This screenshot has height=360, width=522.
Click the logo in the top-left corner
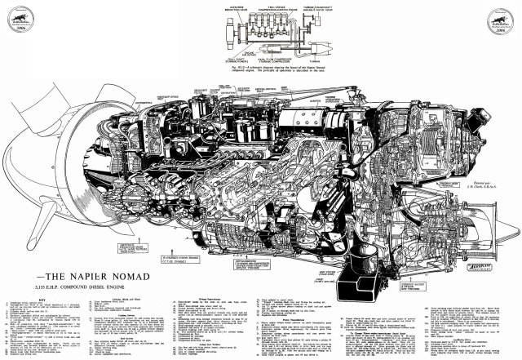point(19,19)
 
